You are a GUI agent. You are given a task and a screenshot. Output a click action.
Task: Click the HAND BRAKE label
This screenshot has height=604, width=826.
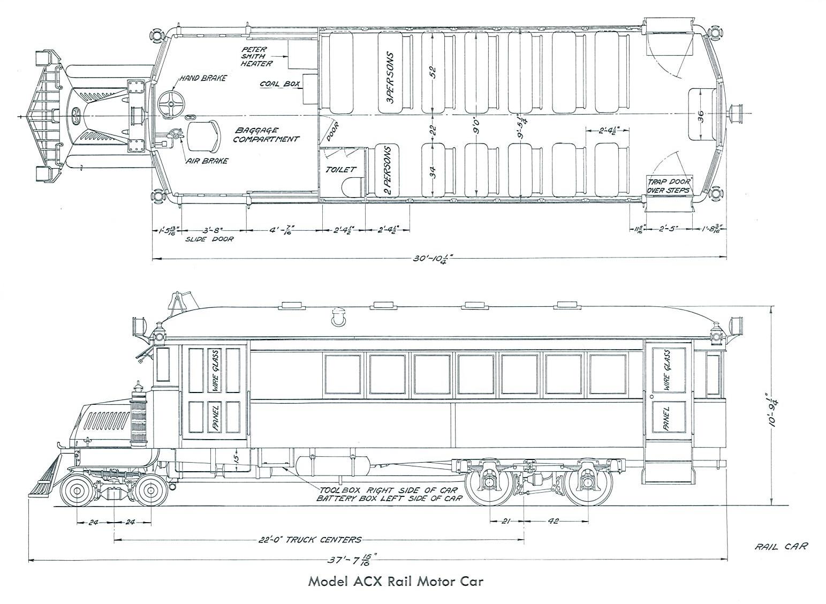pos(203,78)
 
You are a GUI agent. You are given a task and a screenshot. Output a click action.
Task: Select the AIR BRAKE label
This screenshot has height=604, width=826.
pos(207,161)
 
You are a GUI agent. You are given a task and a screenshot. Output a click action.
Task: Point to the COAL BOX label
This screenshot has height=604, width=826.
pos(279,84)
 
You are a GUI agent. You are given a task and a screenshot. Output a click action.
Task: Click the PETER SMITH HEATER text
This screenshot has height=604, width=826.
pos(256,56)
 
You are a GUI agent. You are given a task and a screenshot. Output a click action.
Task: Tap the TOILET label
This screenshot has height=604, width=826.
pos(340,169)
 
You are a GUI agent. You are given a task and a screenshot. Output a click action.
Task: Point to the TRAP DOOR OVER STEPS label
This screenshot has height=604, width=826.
pos(669,185)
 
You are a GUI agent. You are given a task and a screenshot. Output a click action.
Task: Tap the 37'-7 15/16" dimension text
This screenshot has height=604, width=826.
pos(353,560)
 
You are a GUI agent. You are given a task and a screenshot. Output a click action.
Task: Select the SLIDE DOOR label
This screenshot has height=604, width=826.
pos(209,239)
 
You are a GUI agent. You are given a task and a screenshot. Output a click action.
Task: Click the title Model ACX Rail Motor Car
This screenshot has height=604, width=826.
pos(395,582)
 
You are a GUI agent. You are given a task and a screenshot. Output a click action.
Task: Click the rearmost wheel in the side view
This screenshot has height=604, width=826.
pos(588,482)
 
